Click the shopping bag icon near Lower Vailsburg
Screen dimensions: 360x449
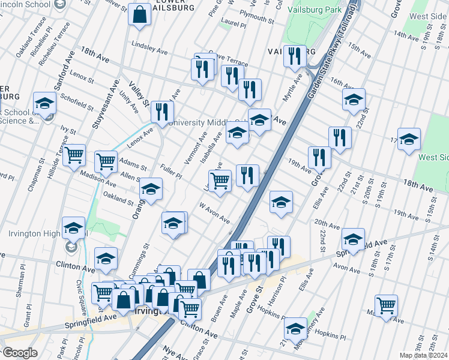coord(139,16)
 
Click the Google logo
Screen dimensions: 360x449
coord(20,353)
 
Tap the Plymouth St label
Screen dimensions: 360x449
coord(256,19)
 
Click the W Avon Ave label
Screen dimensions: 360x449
coord(215,213)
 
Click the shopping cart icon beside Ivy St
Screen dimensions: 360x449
coord(74,155)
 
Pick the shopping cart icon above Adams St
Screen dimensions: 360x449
coord(106,161)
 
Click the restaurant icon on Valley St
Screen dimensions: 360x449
coord(162,112)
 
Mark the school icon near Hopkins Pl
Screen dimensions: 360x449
coord(295,328)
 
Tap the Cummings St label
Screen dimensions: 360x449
coord(145,257)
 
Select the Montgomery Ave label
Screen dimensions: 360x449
coord(316,324)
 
